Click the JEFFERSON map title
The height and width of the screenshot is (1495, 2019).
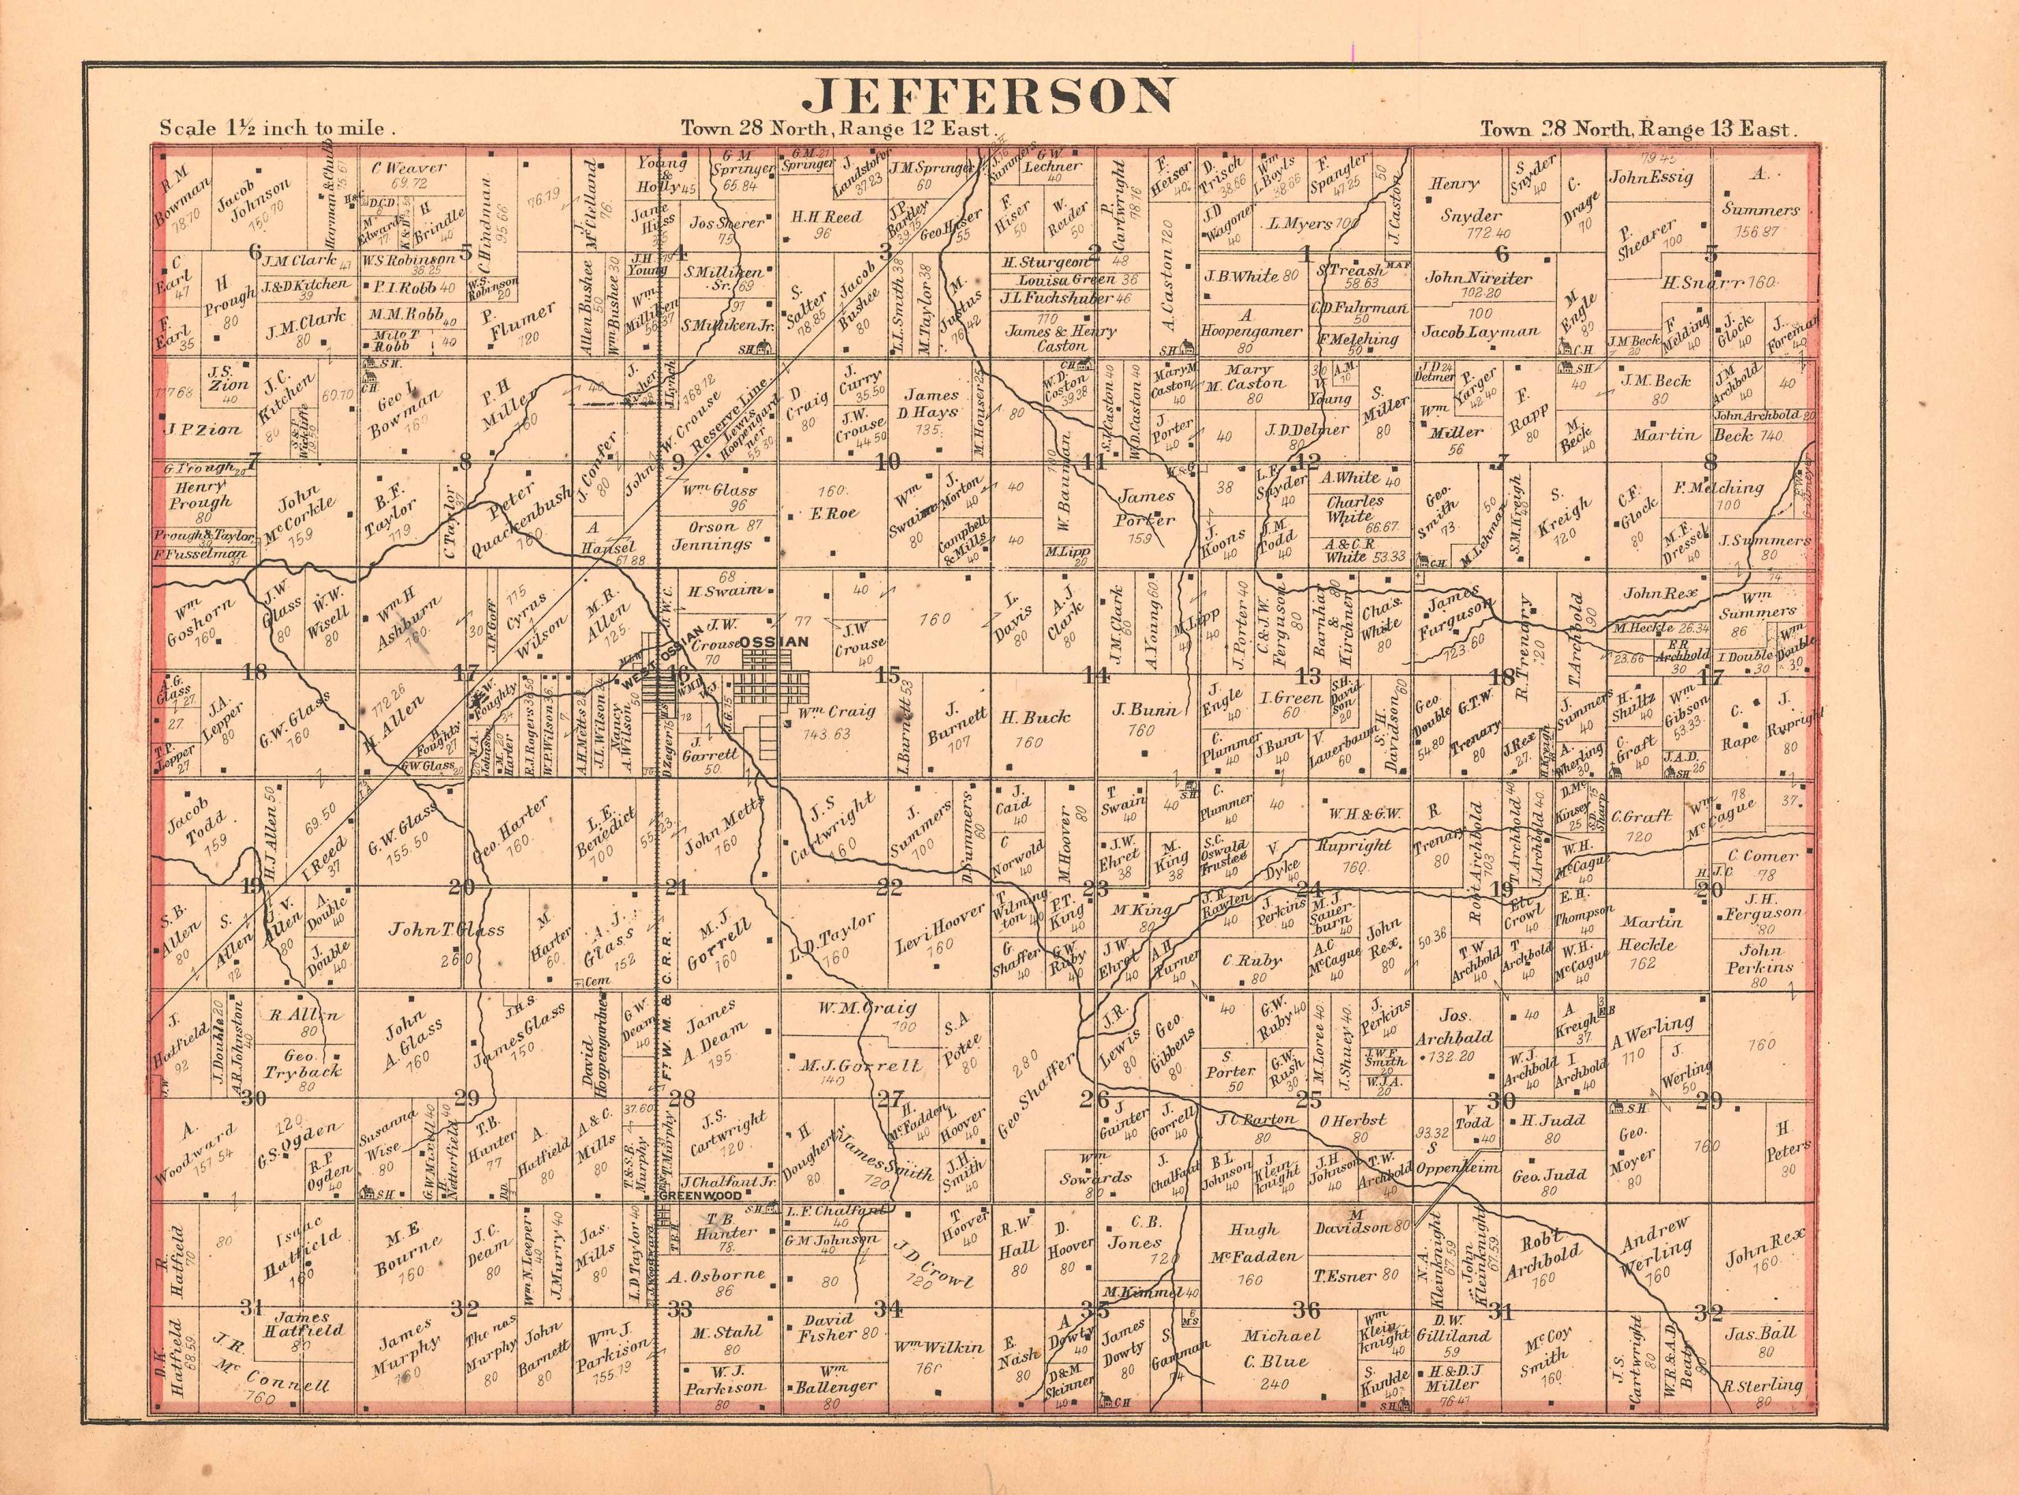point(674,98)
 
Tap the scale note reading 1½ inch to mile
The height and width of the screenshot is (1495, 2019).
point(276,129)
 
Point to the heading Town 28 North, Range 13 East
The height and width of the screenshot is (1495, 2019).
point(1634,129)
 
